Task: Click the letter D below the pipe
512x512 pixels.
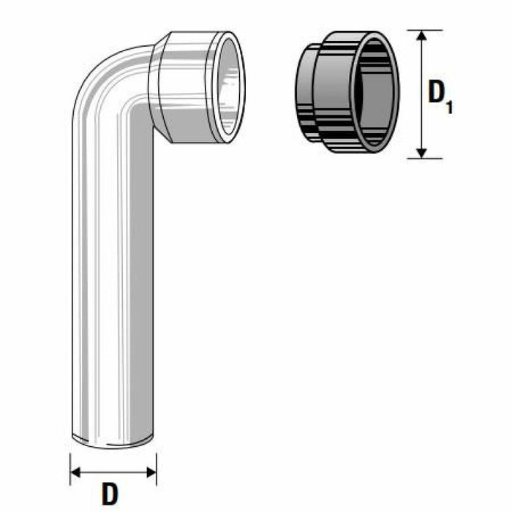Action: point(110,494)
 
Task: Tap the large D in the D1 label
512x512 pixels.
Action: point(437,94)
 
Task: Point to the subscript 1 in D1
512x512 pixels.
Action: point(449,107)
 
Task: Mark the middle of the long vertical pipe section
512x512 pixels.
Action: point(113,278)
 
